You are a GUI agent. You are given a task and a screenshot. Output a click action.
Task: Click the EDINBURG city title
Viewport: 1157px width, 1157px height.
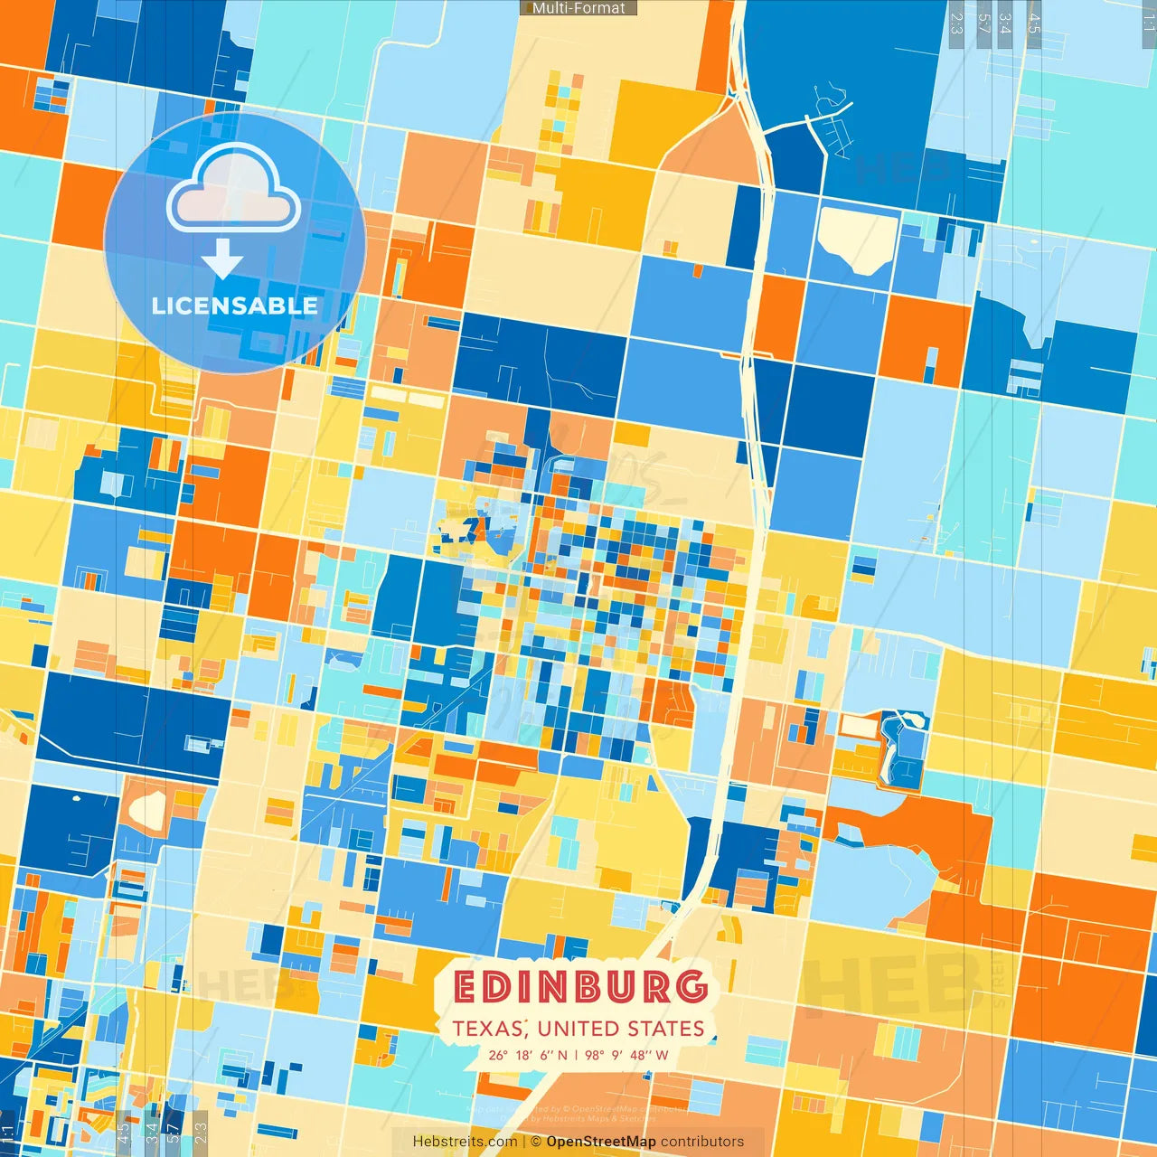pos(579,987)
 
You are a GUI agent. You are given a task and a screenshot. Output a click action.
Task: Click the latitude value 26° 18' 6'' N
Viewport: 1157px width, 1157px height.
pos(529,1055)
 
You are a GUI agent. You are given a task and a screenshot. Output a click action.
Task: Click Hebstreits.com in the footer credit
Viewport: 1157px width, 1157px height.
pos(465,1142)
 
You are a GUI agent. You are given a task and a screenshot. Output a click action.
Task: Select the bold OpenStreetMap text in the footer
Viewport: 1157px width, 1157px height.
pos(600,1142)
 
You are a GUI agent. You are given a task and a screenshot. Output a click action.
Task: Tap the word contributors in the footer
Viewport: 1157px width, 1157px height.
pos(701,1142)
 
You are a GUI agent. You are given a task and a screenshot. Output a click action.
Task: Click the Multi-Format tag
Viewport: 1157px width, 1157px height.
pos(578,8)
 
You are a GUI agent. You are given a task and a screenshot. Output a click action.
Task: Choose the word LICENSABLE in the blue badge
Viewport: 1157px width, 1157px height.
pos(234,306)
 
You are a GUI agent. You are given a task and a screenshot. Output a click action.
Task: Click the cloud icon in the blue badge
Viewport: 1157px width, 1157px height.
pos(233,190)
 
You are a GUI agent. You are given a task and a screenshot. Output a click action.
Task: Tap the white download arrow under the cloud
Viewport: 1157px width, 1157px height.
pos(222,260)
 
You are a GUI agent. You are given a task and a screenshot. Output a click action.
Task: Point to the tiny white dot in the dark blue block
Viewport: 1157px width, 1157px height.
pos(75,798)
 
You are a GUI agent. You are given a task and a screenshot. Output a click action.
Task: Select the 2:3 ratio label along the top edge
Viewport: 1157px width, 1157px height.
pos(956,23)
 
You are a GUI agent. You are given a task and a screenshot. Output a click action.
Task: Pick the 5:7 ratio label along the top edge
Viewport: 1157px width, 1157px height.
pos(983,23)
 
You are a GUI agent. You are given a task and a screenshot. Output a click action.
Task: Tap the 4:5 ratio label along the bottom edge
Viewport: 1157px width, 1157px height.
pos(123,1133)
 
